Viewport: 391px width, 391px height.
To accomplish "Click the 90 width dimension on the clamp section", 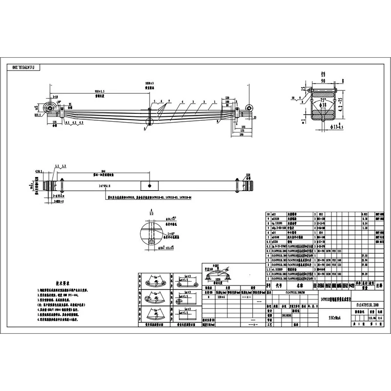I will [323, 81].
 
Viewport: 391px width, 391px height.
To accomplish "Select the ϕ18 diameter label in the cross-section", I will [323, 105].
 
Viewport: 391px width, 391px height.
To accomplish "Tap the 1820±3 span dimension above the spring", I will [149, 84].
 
